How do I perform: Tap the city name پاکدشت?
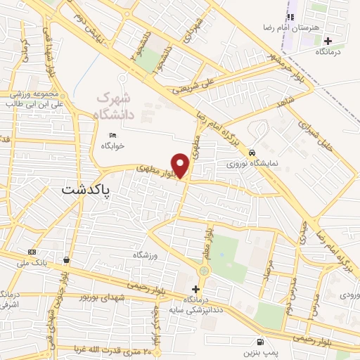coord(86,189)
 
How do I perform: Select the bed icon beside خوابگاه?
coord(112,135)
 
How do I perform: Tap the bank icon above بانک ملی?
coord(31,252)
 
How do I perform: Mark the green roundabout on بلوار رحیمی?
coord(204,271)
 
